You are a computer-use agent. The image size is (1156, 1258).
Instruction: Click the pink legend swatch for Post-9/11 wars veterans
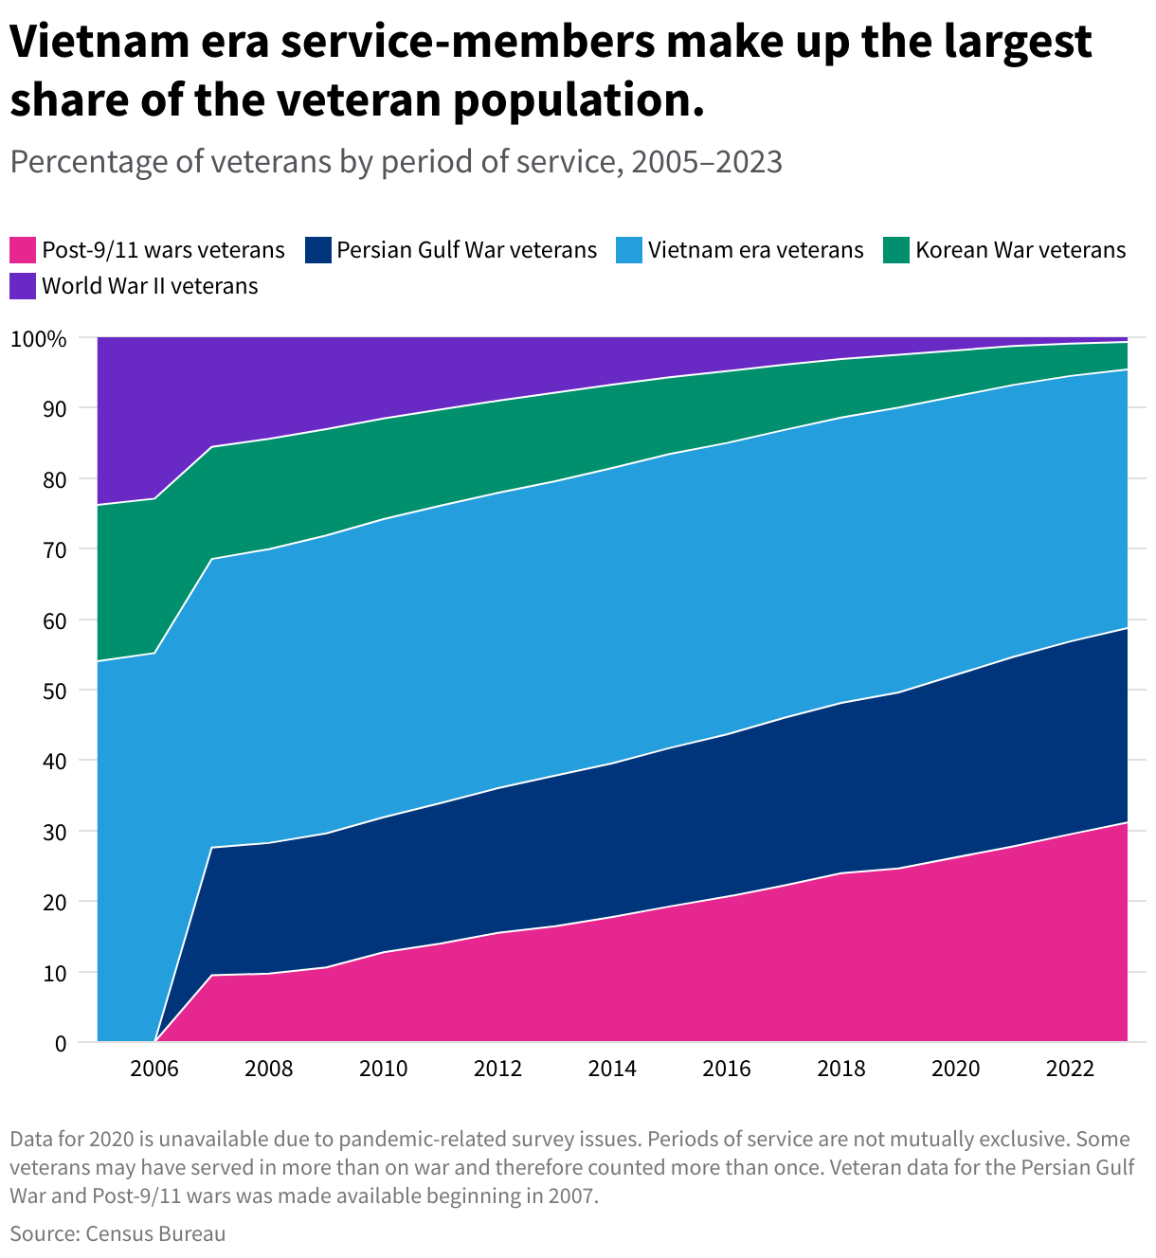(x=23, y=250)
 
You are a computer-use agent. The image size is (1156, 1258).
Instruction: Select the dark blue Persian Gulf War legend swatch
(x=318, y=250)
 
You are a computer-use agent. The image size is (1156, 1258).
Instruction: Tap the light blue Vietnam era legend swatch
(x=629, y=250)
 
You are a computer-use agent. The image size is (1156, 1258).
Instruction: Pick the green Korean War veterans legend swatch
(x=896, y=250)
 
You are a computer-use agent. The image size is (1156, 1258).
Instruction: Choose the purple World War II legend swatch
(x=23, y=286)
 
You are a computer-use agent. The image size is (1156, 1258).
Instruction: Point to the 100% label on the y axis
(x=39, y=339)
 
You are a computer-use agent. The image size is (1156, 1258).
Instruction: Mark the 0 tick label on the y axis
(x=61, y=1043)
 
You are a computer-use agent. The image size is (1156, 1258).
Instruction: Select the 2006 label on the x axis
(x=154, y=1069)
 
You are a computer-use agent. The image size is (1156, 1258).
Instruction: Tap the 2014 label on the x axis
(x=612, y=1069)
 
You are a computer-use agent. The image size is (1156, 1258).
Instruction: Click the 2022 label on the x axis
(x=1071, y=1069)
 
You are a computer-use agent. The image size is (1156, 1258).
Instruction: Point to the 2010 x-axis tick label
(x=384, y=1069)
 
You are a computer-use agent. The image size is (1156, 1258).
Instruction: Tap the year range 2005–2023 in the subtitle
(x=707, y=162)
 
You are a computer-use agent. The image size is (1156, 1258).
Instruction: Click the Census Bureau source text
(x=155, y=1233)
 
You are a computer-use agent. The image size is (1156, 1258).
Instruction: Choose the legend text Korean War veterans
(x=1021, y=250)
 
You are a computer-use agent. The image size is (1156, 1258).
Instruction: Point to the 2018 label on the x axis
(x=841, y=1069)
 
